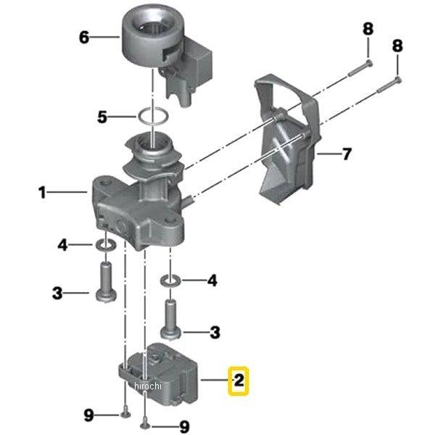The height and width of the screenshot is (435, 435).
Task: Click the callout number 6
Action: (84, 37)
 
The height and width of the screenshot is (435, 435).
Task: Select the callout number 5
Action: (102, 117)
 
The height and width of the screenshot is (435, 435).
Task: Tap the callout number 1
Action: (42, 192)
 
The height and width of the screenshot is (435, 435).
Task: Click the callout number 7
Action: (347, 154)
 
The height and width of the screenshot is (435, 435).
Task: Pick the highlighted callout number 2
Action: (239, 381)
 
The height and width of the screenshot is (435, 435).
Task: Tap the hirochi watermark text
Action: (147, 386)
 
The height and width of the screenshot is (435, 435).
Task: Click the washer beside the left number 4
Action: (106, 245)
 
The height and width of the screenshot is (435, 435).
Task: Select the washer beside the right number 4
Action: (171, 281)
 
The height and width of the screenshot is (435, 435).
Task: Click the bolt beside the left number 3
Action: (106, 283)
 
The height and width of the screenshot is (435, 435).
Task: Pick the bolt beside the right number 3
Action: (171, 320)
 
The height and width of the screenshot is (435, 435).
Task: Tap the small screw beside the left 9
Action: (126, 414)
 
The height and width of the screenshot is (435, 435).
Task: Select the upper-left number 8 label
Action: (368, 29)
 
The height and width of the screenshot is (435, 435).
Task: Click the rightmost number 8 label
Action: (397, 46)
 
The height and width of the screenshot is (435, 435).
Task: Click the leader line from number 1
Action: (67, 191)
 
